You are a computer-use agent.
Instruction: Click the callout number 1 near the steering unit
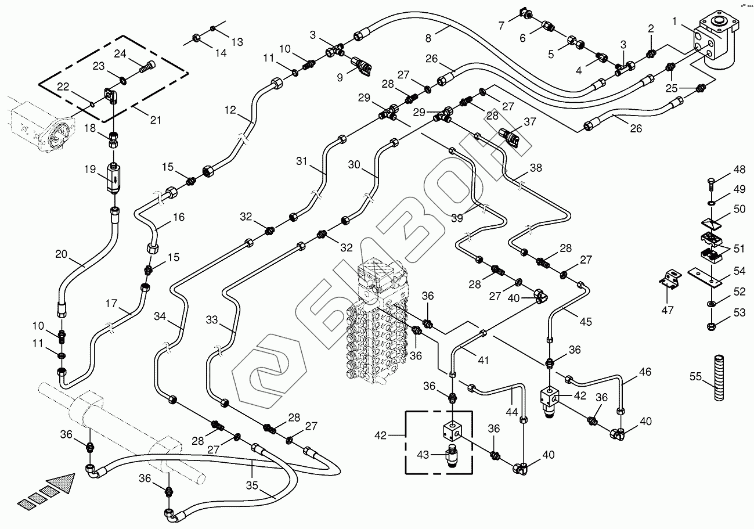pyautogui.click(x=675, y=21)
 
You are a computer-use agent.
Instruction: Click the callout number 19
pyautogui.click(x=89, y=170)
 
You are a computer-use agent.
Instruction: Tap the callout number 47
pyautogui.click(x=668, y=310)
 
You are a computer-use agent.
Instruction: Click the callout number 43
pyautogui.click(x=423, y=455)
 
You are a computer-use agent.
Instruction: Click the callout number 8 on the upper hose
pyautogui.click(x=428, y=38)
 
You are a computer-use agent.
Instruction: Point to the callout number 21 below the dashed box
pyautogui.click(x=155, y=120)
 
